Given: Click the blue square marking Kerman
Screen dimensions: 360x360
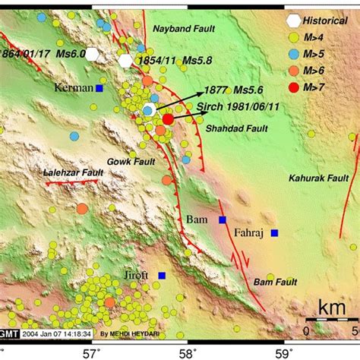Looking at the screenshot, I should click(x=99, y=88).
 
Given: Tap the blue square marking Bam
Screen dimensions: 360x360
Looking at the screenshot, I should click(x=223, y=220).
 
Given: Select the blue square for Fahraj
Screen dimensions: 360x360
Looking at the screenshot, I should click(x=274, y=232).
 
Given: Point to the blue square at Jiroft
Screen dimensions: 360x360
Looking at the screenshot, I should click(x=162, y=275).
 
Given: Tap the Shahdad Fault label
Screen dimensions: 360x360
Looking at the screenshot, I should click(x=239, y=128).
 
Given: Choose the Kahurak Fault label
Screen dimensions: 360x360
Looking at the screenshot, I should click(x=317, y=178).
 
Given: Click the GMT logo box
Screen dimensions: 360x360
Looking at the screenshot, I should click(x=11, y=331).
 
